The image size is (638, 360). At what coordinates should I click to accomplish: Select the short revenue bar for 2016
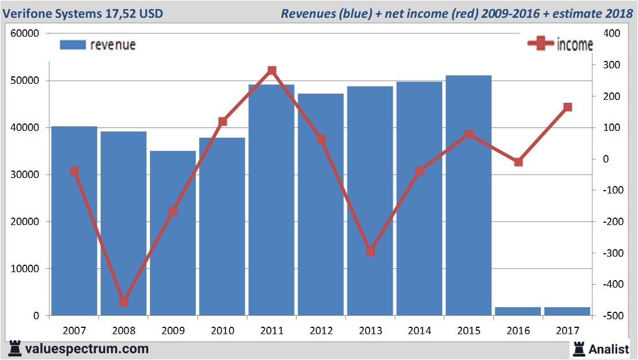pyautogui.click(x=518, y=311)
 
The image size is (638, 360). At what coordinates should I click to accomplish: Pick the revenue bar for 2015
pyautogui.click(x=469, y=195)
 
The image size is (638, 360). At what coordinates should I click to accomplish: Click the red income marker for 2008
pyautogui.click(x=123, y=302)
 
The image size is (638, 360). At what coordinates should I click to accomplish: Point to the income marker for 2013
pyautogui.click(x=370, y=251)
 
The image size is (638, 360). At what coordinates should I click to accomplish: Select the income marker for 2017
pyautogui.click(x=567, y=107)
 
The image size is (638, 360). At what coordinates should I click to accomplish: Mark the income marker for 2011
pyautogui.click(x=272, y=71)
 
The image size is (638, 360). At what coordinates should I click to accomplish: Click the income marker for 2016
pyautogui.click(x=518, y=162)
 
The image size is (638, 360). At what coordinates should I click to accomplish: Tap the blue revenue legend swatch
pyautogui.click(x=72, y=45)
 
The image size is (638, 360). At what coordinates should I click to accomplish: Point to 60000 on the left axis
pyautogui.click(x=25, y=34)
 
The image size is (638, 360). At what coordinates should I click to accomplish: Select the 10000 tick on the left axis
pyautogui.click(x=25, y=269)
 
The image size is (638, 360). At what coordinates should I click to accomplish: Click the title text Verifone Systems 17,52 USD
pyautogui.click(x=83, y=13)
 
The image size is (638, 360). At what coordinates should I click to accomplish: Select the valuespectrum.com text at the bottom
pyautogui.click(x=87, y=349)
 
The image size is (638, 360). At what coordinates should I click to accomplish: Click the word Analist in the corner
pyautogui.click(x=608, y=349)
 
